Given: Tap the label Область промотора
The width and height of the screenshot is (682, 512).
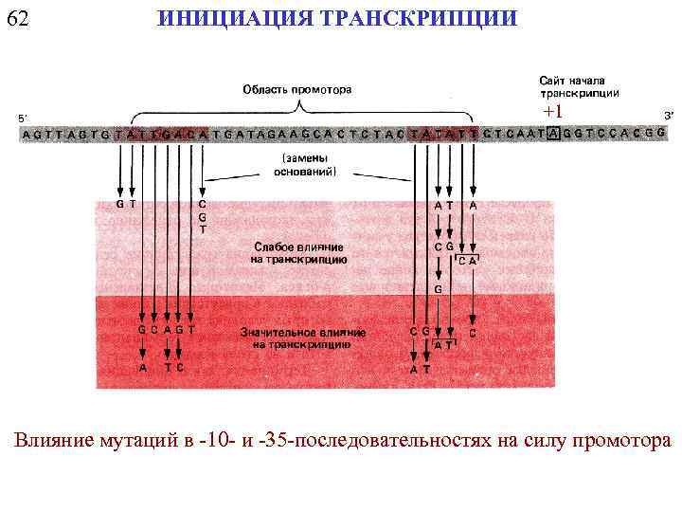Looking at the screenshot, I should point(297,90).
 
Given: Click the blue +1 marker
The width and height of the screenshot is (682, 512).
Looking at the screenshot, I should point(552,112).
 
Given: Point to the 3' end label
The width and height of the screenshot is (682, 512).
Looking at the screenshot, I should point(669,116).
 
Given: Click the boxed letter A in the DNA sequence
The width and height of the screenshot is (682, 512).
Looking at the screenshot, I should point(553,135).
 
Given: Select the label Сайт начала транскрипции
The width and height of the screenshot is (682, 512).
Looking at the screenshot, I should point(580,86).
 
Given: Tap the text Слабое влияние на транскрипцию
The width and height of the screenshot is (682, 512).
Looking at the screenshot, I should point(299,251).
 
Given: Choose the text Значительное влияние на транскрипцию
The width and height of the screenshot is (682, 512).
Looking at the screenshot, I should point(299,338).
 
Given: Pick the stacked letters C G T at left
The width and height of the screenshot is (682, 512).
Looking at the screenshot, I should point(202,216).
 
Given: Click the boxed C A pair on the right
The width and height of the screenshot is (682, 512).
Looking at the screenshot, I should point(468,259).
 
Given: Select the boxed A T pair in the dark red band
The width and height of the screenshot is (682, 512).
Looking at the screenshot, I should point(442,345).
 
